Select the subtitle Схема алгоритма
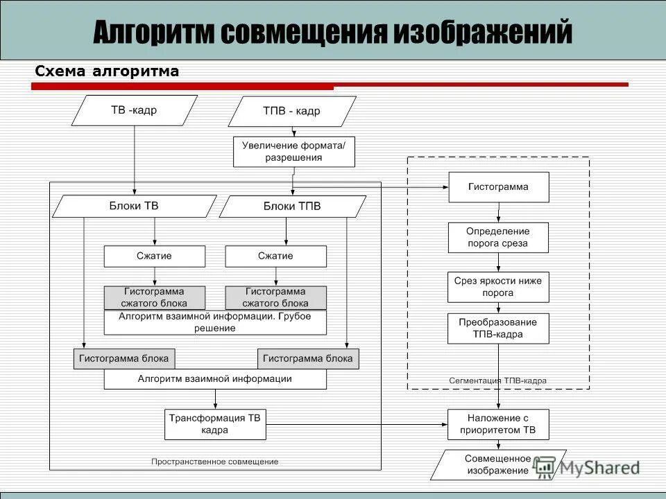107,71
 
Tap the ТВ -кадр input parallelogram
134,110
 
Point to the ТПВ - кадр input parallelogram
291,111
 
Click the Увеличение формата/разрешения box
293,151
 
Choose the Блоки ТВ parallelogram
134,206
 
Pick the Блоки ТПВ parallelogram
292,207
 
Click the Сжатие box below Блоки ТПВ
275,256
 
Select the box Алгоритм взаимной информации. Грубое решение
215,322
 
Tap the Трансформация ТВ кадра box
215,424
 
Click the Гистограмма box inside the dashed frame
498,187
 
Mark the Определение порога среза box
498,237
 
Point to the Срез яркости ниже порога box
498,287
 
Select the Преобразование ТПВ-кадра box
498,329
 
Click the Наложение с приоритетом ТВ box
498,424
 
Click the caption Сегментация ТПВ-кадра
497,380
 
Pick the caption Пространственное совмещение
215,462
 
